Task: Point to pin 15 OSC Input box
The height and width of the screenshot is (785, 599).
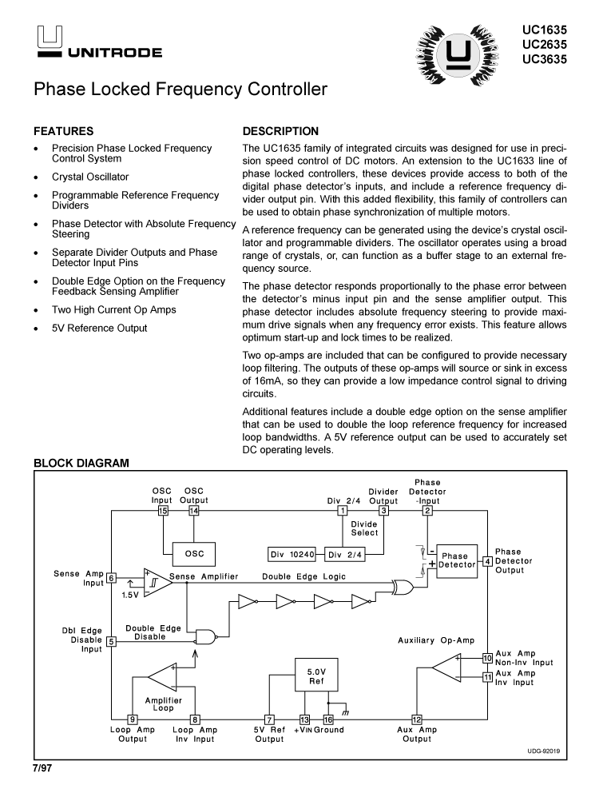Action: [163, 511]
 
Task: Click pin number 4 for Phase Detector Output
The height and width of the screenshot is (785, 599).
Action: [488, 561]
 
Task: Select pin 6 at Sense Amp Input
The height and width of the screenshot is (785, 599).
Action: [112, 578]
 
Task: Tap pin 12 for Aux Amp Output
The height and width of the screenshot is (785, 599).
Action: [416, 719]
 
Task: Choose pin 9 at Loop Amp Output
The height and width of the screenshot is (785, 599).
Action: [133, 719]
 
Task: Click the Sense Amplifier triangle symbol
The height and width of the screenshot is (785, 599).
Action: [157, 583]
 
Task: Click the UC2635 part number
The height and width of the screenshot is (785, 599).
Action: [545, 45]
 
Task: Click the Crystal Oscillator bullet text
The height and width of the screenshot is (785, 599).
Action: [90, 177]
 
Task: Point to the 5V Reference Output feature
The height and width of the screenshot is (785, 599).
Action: [99, 328]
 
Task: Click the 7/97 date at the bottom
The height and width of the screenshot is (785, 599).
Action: [42, 768]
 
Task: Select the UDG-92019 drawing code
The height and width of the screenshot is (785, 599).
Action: [544, 752]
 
